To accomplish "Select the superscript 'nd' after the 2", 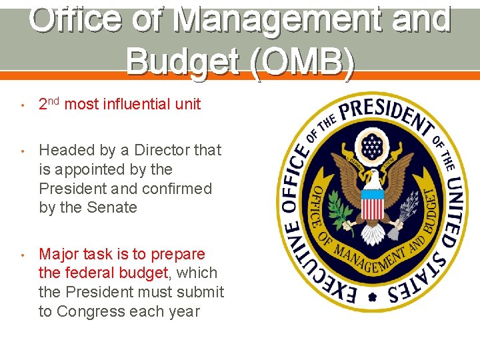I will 54,101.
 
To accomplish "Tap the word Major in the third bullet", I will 58,254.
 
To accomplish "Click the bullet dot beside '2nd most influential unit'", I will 22,105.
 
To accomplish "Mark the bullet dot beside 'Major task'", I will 22,255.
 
